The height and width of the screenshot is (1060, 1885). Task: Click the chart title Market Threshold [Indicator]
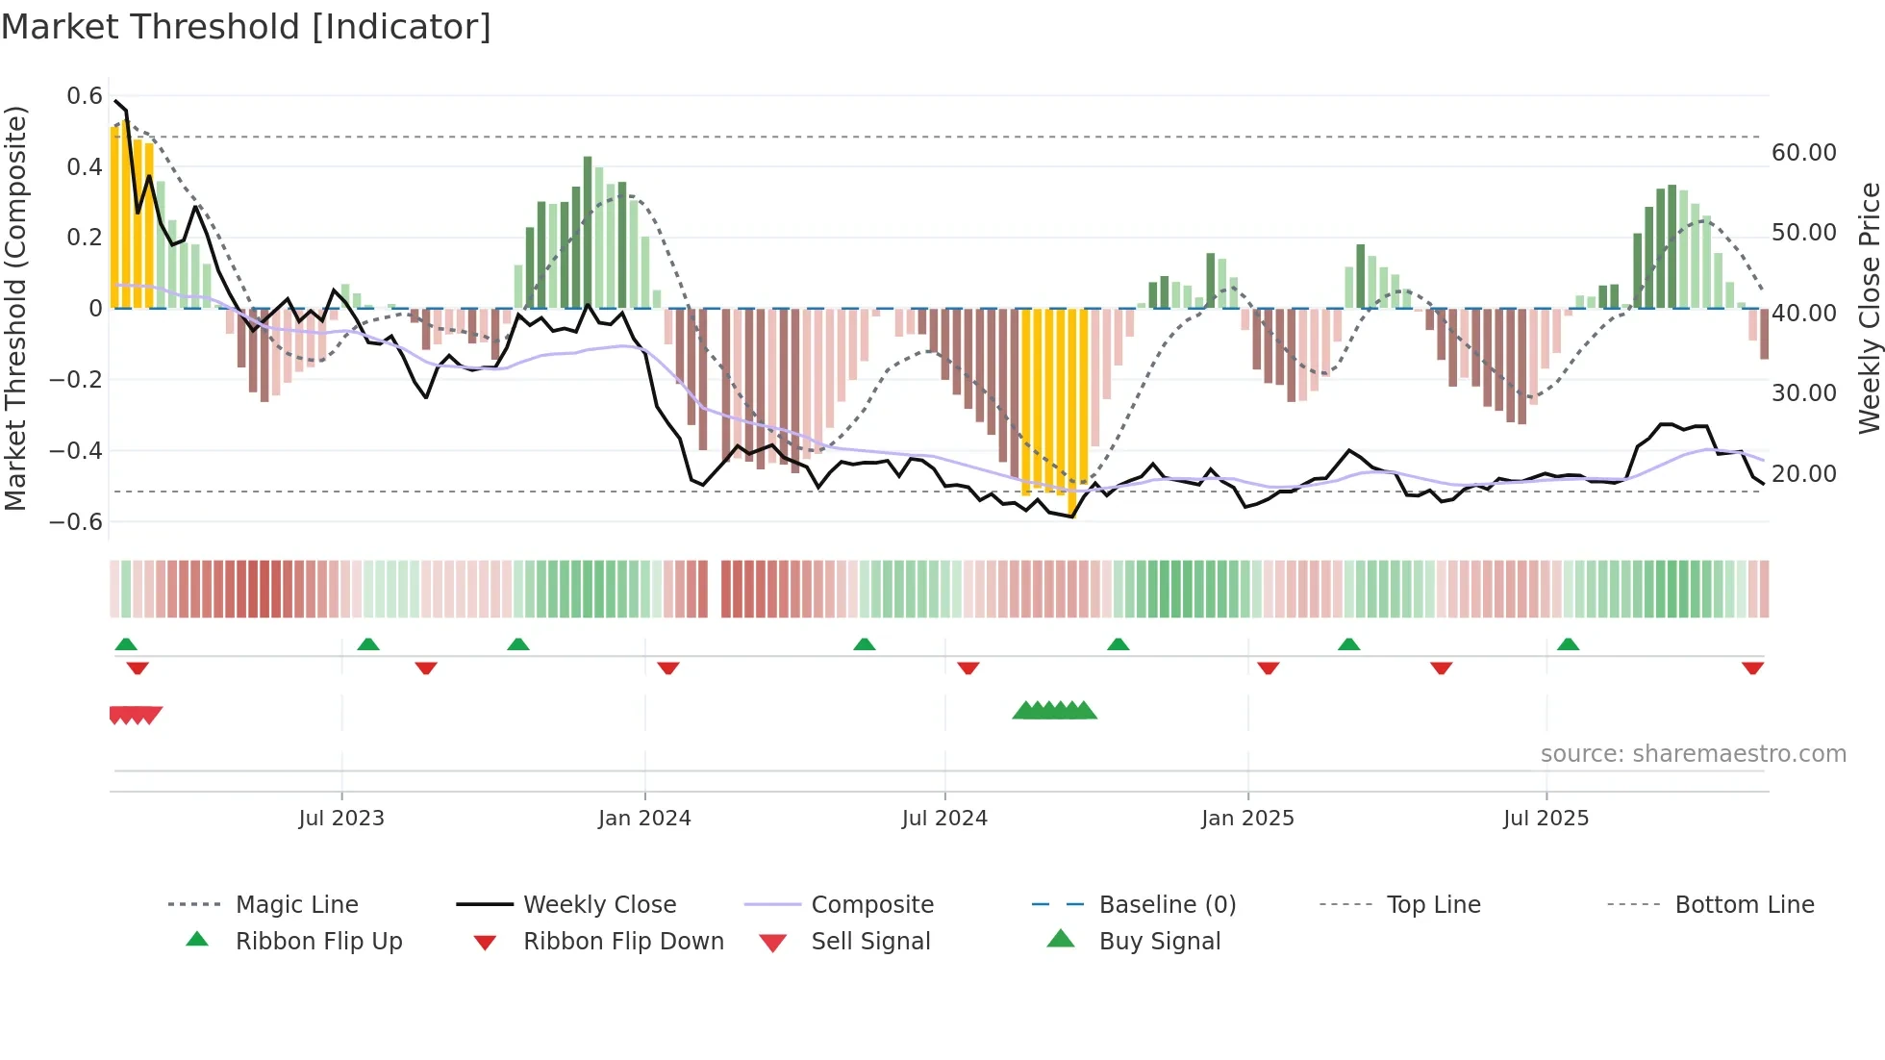pyautogui.click(x=246, y=27)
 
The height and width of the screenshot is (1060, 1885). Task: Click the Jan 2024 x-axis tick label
pyautogui.click(x=644, y=819)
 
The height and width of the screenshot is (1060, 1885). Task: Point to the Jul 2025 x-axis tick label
pyautogui.click(x=1546, y=819)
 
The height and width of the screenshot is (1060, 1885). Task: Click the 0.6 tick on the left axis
pyautogui.click(x=85, y=96)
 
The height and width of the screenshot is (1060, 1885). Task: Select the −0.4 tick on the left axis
pyautogui.click(x=77, y=450)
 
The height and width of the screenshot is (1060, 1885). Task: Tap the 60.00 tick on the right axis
pyautogui.click(x=1803, y=153)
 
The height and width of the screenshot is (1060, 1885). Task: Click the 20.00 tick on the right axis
pyautogui.click(x=1803, y=474)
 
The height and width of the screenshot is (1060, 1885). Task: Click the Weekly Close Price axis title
pyautogui.click(x=1869, y=308)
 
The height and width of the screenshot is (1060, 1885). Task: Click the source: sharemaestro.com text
pyautogui.click(x=1693, y=754)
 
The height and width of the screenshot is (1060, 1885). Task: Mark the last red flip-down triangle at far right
pyautogui.click(x=1752, y=668)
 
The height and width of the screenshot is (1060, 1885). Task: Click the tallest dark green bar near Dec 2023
pyautogui.click(x=588, y=231)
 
